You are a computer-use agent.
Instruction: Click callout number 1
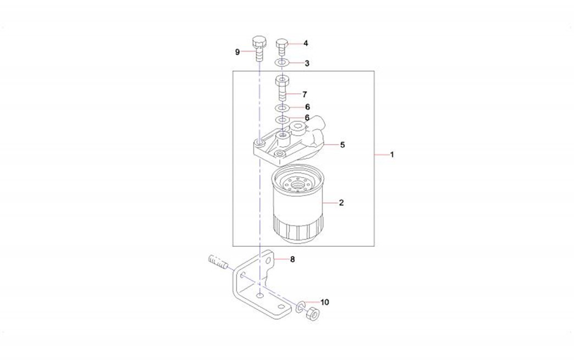click(391, 155)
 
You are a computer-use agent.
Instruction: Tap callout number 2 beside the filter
click(341, 203)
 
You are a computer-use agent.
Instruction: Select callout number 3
click(307, 63)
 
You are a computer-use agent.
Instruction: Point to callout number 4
click(306, 43)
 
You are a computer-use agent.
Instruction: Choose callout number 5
click(343, 145)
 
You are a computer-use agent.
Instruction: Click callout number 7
click(305, 95)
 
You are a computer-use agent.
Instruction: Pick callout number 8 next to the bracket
click(292, 259)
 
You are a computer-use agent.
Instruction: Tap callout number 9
click(237, 52)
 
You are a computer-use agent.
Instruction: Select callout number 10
click(325, 302)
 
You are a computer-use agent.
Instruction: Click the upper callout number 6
click(307, 107)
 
